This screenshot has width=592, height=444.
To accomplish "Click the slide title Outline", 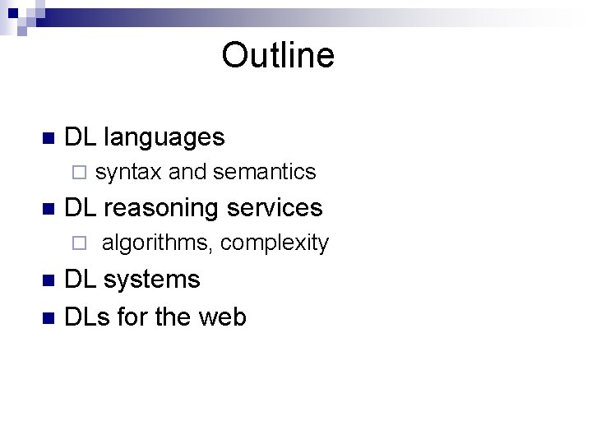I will (278, 56).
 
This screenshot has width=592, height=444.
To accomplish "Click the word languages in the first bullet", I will (164, 137).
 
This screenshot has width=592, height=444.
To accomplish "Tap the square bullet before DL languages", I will (47, 137).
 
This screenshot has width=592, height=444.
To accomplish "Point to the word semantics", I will (264, 172).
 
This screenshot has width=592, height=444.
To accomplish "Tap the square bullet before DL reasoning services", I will (47, 208).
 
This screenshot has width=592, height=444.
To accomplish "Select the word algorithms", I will (157, 243).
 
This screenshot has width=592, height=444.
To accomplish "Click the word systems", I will (152, 280).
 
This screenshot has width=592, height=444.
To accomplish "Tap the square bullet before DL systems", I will (47, 280).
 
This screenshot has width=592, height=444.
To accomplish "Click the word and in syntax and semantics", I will (187, 172).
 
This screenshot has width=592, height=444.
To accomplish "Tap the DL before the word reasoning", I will (80, 208).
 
